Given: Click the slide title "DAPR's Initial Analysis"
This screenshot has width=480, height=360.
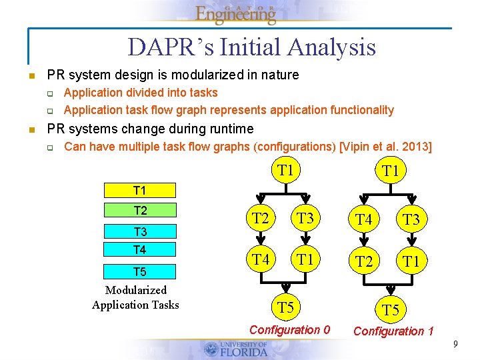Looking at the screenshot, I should [x=251, y=47].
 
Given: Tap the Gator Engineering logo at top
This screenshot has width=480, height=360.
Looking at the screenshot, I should [x=236, y=13].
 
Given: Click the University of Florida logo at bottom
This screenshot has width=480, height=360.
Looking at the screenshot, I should [x=236, y=349].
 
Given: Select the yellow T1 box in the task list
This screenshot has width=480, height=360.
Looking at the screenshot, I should [x=140, y=191].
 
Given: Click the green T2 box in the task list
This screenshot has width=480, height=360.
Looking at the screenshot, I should [x=140, y=211].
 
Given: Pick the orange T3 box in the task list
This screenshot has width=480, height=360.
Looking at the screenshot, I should [x=140, y=232].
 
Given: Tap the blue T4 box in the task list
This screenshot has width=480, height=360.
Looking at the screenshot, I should [x=140, y=250].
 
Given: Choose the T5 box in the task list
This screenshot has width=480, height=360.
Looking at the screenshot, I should [x=140, y=271].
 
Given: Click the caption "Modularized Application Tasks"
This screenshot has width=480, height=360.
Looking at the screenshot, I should [x=136, y=297].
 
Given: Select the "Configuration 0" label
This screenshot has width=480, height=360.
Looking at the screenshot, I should [x=289, y=329].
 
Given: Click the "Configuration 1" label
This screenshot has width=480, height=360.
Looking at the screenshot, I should [x=393, y=331].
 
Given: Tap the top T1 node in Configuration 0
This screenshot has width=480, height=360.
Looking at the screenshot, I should [x=285, y=170].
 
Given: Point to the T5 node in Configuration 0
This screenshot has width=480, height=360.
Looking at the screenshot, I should [x=285, y=307].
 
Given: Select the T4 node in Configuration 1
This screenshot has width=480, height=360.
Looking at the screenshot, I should [x=364, y=219].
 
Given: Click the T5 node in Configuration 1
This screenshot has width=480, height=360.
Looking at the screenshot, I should [x=390, y=309].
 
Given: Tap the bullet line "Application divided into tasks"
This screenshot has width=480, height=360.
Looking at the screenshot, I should [x=141, y=93].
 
